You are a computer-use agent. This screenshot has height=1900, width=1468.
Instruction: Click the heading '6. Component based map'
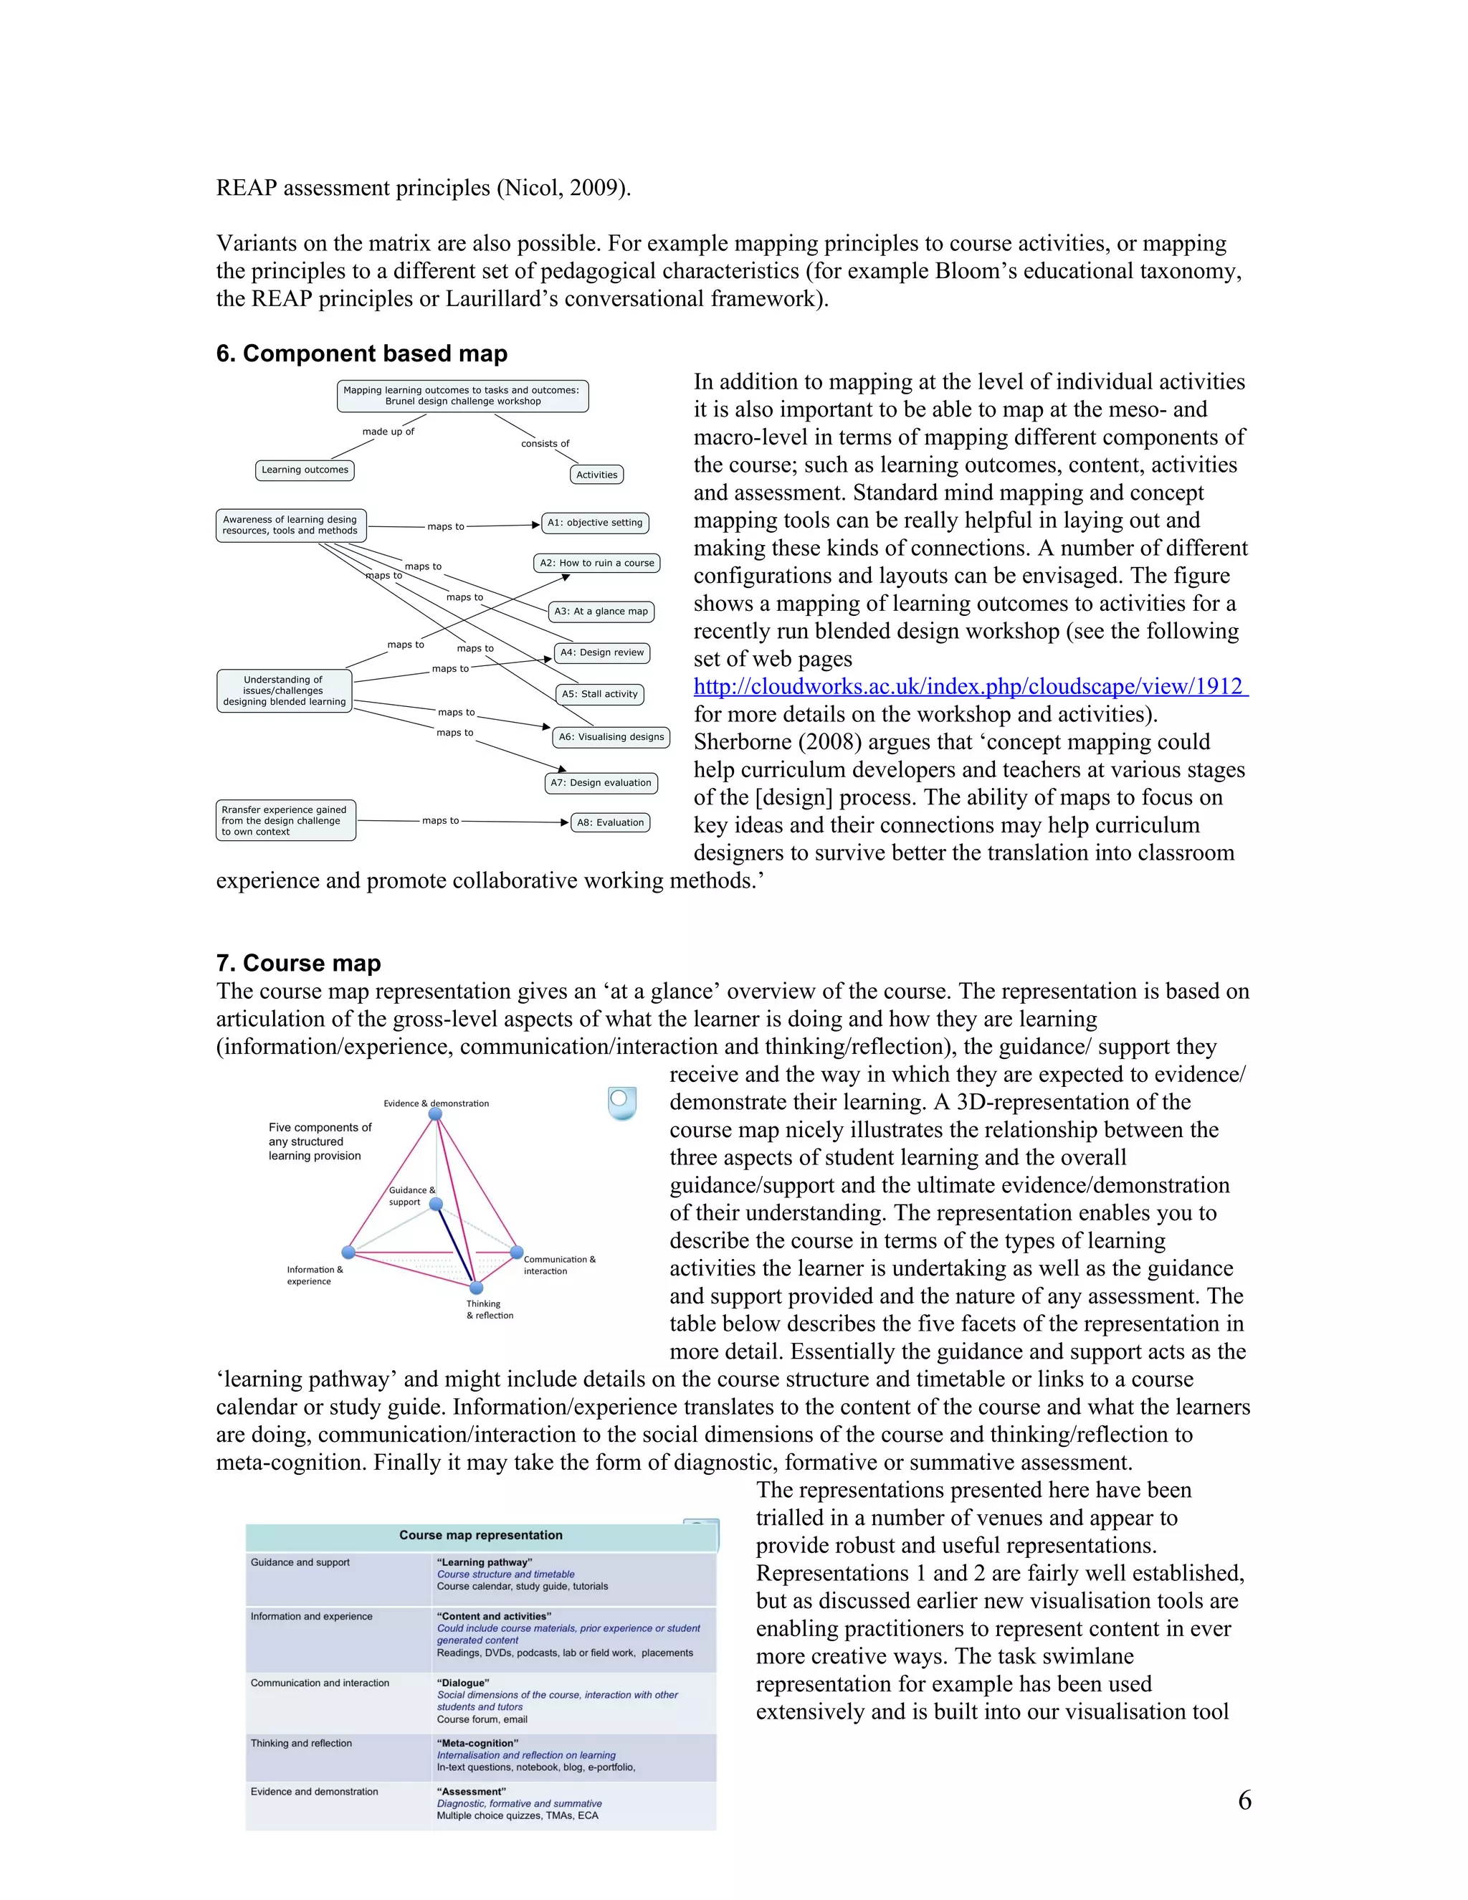click(x=361, y=353)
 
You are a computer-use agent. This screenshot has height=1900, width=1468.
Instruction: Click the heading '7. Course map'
click(x=298, y=963)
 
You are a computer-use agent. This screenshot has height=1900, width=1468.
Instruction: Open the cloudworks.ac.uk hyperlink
click(x=970, y=686)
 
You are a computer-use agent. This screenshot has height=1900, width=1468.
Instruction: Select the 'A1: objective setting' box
click(x=595, y=523)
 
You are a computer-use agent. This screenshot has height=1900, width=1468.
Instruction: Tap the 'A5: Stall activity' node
click(x=599, y=694)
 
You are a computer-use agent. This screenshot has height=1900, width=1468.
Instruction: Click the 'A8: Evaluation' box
click(x=611, y=822)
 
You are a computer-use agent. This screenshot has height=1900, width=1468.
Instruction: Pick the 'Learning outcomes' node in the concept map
click(x=305, y=470)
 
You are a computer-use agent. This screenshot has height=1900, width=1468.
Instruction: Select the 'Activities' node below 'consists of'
click(x=596, y=475)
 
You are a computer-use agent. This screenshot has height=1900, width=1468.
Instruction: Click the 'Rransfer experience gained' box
click(x=285, y=820)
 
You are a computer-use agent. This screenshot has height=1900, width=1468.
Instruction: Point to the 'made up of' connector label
click(x=388, y=432)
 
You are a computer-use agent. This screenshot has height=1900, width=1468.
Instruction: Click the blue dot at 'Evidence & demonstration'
click(x=436, y=1114)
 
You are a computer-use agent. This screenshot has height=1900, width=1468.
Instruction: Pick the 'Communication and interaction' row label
click(x=320, y=1683)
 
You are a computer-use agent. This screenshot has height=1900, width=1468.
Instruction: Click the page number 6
click(x=1244, y=1800)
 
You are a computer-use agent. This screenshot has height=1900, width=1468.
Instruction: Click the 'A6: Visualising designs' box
click(x=611, y=737)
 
